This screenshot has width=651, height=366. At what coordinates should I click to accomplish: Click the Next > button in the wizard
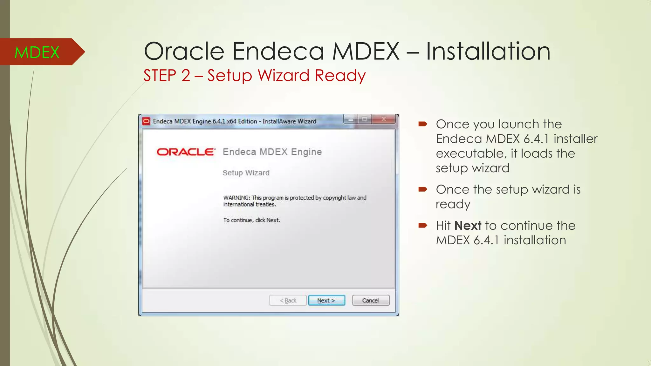(x=326, y=300)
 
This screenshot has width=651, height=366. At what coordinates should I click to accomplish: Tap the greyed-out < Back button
(x=288, y=300)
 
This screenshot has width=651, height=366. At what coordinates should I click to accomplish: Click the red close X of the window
(x=384, y=119)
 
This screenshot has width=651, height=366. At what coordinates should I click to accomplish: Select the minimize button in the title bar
(x=351, y=120)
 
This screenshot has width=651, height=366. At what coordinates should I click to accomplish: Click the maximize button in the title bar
(x=365, y=119)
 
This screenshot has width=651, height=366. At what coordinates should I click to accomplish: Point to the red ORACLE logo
(x=186, y=152)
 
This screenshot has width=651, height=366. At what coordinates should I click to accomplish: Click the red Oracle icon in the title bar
(x=146, y=121)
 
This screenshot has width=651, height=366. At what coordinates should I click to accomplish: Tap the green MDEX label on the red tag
(x=37, y=52)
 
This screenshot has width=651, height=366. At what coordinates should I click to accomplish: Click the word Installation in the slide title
(x=488, y=51)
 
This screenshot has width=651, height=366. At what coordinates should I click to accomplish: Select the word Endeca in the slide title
(x=278, y=51)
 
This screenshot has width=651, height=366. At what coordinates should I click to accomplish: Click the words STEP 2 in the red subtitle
(x=167, y=76)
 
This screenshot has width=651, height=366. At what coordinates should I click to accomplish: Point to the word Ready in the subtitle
(x=340, y=76)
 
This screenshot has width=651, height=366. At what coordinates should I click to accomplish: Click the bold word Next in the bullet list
(x=468, y=226)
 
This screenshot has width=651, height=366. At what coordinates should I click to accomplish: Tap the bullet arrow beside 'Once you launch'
(x=423, y=124)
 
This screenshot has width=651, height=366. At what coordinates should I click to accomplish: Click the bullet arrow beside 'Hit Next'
(x=423, y=226)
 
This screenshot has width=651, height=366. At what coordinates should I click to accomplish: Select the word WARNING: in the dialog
(x=236, y=198)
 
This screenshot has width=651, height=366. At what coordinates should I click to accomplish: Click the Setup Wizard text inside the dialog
(x=246, y=173)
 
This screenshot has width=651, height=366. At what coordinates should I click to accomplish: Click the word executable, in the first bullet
(x=471, y=153)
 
